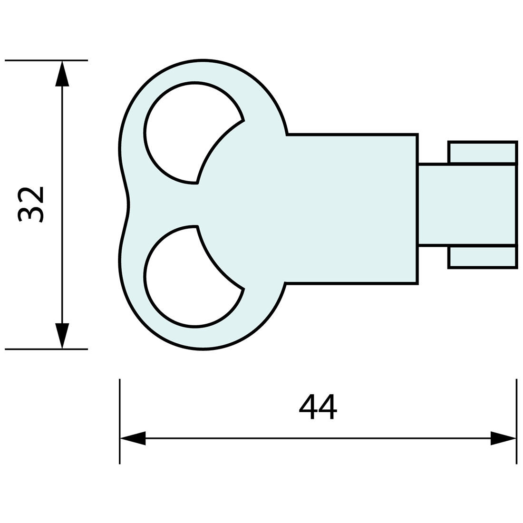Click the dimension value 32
(x=30, y=204)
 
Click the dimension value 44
(x=318, y=407)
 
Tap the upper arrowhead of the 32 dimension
(x=62, y=74)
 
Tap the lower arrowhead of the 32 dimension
(x=62, y=336)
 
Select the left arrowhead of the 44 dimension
(x=133, y=438)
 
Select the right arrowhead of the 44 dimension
(x=503, y=438)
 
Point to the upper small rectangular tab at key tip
(x=482, y=152)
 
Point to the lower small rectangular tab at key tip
(x=482, y=257)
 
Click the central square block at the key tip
(x=466, y=204)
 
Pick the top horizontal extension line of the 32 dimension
(x=46, y=60)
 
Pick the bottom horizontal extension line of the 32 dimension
(x=46, y=349)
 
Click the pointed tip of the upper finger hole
(x=197, y=182)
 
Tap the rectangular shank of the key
(x=352, y=209)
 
